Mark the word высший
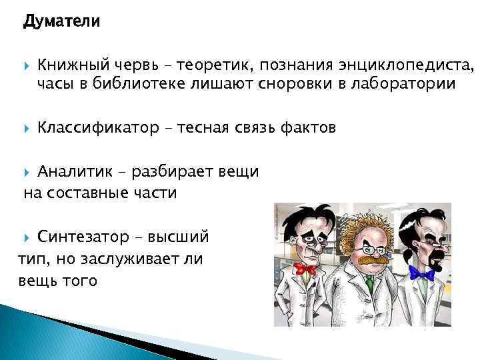tap(179, 237)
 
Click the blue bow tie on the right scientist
tap(422, 273)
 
